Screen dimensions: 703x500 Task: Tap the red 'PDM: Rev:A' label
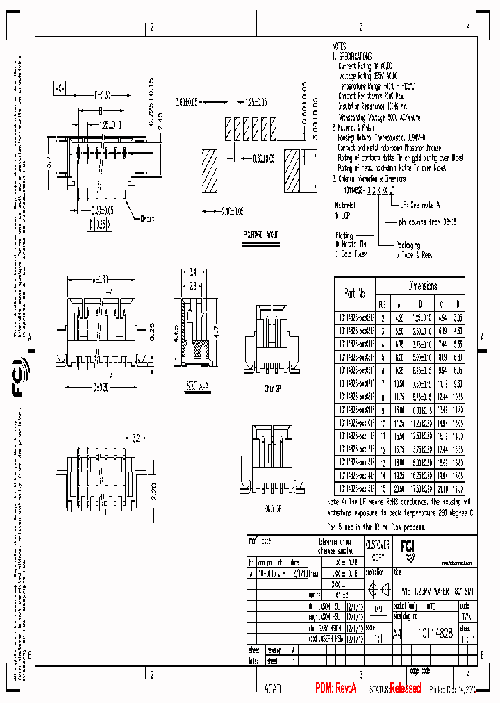coord(335,688)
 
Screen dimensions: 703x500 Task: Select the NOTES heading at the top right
coord(339,46)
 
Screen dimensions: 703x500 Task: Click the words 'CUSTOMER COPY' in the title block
coord(376,550)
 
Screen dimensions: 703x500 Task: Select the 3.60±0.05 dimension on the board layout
coord(187,101)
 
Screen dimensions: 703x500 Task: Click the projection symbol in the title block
coord(375,590)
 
